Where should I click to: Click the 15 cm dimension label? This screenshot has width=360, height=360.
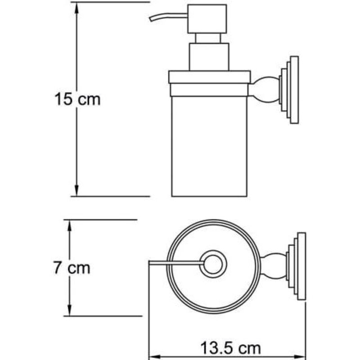[x=77, y=99]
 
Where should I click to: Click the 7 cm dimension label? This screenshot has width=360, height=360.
[x=72, y=267]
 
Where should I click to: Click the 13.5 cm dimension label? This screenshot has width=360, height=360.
[x=230, y=348]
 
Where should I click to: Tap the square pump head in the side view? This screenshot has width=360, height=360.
[x=207, y=19]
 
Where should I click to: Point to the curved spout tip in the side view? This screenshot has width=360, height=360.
[x=151, y=19]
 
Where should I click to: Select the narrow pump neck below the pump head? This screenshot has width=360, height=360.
[x=208, y=38]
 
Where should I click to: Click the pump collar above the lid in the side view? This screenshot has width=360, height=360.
[x=209, y=57]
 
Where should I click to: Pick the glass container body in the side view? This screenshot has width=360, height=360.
[x=209, y=146]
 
